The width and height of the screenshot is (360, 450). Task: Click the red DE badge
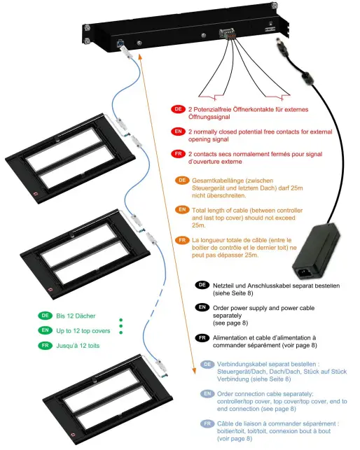click(178, 110)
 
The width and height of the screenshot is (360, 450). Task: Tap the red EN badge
click(178, 132)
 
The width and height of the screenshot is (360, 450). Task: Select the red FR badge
click(178, 154)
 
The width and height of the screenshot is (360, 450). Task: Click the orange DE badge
click(181, 181)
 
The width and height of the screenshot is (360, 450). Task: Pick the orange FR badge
click(181, 240)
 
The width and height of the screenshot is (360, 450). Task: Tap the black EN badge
click(202, 307)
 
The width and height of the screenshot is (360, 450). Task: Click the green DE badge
click(45, 316)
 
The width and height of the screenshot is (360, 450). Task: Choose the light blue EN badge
click(208, 395)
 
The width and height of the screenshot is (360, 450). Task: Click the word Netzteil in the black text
click(226, 286)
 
